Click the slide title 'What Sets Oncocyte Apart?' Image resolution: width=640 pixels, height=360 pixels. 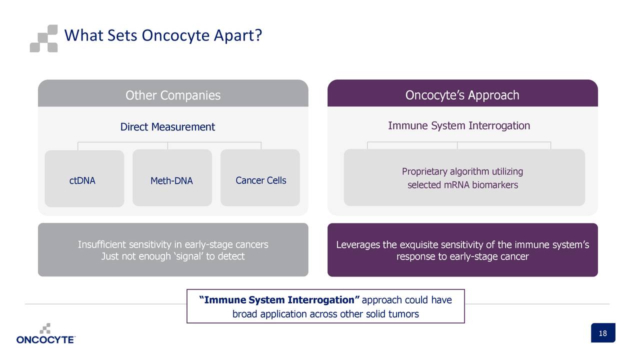(x=163, y=36)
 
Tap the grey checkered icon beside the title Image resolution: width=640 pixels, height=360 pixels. (x=43, y=38)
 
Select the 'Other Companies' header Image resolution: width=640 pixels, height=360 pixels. (x=173, y=95)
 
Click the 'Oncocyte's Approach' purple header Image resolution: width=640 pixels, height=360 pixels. (x=462, y=95)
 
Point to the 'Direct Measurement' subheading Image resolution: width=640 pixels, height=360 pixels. (x=167, y=127)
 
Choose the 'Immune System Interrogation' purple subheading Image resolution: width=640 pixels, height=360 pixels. (x=459, y=125)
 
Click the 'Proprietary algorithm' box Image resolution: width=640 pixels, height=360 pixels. (x=464, y=178)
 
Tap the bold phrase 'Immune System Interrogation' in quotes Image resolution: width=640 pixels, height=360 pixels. (x=279, y=300)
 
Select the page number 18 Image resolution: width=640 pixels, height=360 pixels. (x=602, y=333)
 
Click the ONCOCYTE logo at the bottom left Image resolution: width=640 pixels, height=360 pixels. (x=45, y=334)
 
